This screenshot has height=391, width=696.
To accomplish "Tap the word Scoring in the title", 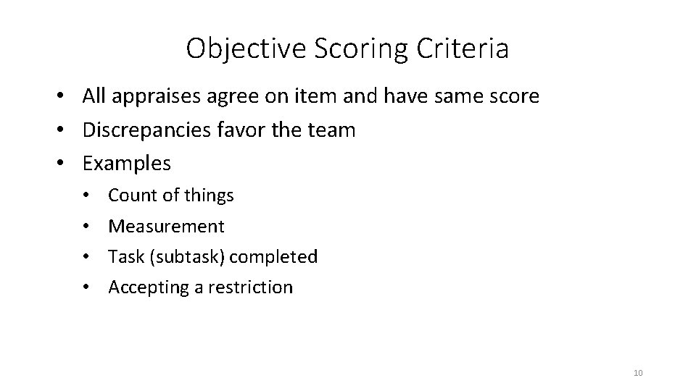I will (343, 49).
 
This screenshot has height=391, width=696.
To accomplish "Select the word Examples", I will (127, 164).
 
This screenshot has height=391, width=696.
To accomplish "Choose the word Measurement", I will (166, 227).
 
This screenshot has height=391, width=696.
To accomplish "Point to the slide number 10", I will (638, 373).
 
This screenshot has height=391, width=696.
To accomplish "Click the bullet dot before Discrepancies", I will (65, 131).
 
